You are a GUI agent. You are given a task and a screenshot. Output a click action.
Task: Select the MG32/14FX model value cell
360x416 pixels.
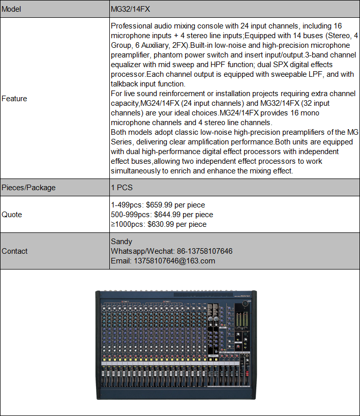pyautogui.click(x=130, y=9)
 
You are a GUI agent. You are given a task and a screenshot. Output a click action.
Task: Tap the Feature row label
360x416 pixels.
pyautogui.click(x=14, y=98)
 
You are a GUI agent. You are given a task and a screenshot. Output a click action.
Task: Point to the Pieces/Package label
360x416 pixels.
pyautogui.click(x=28, y=187)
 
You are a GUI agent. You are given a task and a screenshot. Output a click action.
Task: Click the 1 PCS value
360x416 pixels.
pyautogui.click(x=122, y=187)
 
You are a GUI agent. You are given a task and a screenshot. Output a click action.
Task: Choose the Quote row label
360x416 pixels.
pyautogui.click(x=12, y=215)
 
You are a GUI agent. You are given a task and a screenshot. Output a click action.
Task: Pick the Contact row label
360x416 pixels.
pyautogui.click(x=15, y=251)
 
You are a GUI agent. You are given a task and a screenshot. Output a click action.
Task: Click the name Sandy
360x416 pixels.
pyautogui.click(x=122, y=242)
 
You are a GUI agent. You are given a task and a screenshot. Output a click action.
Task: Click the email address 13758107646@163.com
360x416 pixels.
pyautogui.click(x=174, y=260)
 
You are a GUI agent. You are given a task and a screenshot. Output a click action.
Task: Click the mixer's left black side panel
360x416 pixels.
pyautogui.click(x=98, y=346)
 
